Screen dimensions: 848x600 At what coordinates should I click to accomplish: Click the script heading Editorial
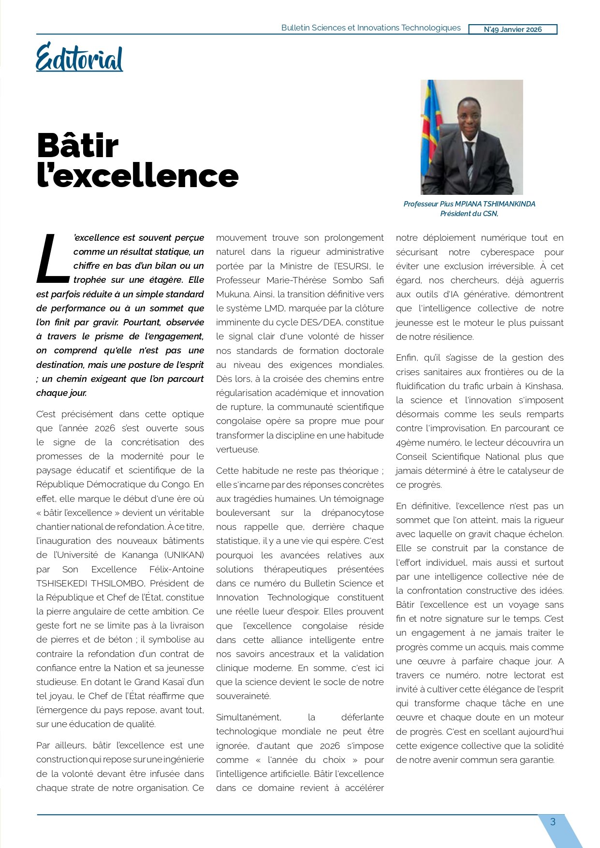point(79,58)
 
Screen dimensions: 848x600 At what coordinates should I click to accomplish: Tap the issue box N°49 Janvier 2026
point(512,29)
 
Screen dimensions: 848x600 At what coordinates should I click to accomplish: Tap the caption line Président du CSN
point(469,214)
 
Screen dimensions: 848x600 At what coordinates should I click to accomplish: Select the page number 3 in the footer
point(553,821)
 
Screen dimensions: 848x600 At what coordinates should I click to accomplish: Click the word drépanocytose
point(354,512)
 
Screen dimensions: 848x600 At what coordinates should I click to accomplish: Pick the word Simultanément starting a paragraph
point(249,717)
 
